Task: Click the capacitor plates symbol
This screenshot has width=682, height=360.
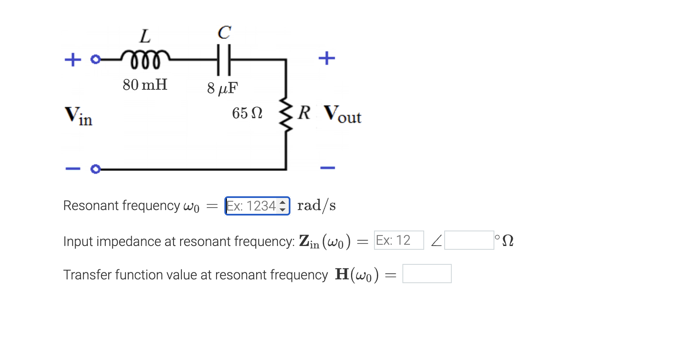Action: point(224,60)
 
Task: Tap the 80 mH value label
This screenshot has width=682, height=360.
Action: point(145,85)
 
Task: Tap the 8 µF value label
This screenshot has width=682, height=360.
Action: point(222,88)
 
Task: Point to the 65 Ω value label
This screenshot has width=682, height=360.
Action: point(247,113)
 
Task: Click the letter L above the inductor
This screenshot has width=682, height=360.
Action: point(145,36)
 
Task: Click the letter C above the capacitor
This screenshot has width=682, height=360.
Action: point(224,33)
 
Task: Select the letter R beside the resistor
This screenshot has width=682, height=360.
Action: point(304,113)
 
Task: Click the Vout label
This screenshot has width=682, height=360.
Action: point(342,114)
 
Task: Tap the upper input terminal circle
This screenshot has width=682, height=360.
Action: point(96,59)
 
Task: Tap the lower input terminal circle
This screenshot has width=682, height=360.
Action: point(96,169)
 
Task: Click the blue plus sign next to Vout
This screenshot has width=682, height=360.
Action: point(327,58)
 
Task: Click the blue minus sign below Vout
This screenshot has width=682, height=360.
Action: point(328,168)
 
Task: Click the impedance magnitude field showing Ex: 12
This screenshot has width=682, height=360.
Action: point(399,240)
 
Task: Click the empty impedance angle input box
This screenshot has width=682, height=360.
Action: point(469,240)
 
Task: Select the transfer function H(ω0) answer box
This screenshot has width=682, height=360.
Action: point(427,274)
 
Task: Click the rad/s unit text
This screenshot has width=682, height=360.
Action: point(316,205)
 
